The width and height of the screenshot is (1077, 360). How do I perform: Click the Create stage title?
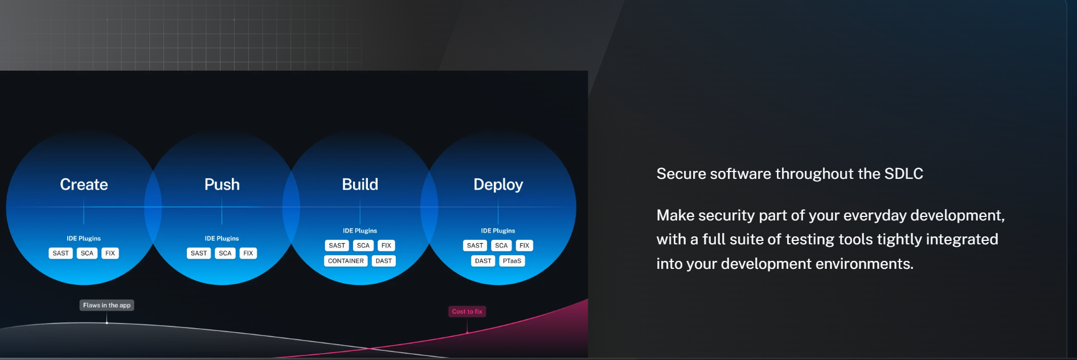coord(84,185)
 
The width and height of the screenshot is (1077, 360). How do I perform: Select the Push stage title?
coord(222,185)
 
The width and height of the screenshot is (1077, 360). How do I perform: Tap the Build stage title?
coord(360,185)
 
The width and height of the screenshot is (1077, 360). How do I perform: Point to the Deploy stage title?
coord(498,185)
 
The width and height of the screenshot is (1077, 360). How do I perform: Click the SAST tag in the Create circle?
coord(61,253)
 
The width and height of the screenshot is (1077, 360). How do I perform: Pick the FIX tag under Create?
coord(110,253)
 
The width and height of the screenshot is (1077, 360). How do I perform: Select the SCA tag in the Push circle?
coord(226,253)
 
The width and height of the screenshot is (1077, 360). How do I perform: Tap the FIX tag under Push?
coord(248,253)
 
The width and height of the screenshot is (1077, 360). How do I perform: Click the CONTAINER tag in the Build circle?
coord(346,261)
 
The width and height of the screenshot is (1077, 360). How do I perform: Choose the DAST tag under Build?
coord(384,261)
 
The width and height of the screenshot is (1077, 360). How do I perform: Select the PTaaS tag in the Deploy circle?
coord(512,261)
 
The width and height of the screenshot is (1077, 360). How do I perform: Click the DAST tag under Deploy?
coord(483,261)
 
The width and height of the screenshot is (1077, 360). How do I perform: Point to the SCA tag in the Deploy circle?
coord(501,246)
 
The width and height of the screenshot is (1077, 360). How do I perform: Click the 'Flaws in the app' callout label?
coord(107,305)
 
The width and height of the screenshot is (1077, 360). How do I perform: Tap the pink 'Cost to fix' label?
coord(467,312)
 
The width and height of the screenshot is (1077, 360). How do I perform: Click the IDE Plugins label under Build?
coord(360,231)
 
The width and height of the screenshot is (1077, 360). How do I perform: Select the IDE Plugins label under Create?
coord(84,239)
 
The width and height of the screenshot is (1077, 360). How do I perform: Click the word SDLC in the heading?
coord(903,174)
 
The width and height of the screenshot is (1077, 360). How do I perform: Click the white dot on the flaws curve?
coord(107,323)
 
